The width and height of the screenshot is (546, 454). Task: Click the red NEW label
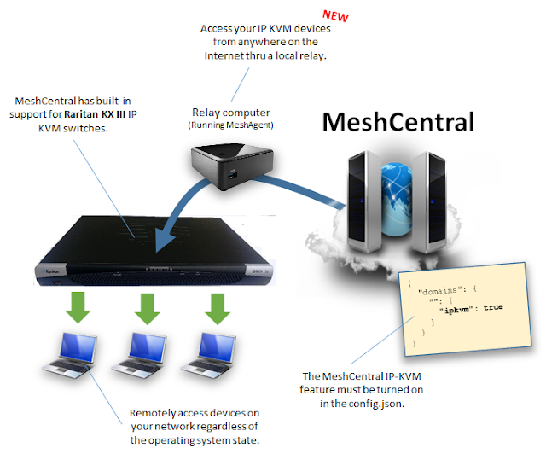point(335,15)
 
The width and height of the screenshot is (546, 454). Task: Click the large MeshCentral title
point(398,122)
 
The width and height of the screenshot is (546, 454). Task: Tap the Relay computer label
point(231,113)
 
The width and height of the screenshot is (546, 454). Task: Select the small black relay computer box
point(232,166)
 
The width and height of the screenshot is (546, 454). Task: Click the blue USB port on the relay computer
point(232,174)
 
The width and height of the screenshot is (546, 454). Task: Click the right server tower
point(428,201)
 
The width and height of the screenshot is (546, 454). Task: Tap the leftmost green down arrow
point(78,308)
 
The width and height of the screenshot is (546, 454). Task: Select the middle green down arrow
point(148,309)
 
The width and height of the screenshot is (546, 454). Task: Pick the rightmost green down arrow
point(218,309)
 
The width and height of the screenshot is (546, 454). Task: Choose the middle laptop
point(140,355)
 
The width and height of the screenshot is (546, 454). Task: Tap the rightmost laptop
point(209,355)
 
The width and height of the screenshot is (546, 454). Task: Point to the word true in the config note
point(493,307)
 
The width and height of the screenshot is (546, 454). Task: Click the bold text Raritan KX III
point(95,114)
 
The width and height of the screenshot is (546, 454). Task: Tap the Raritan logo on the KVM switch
point(51,271)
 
